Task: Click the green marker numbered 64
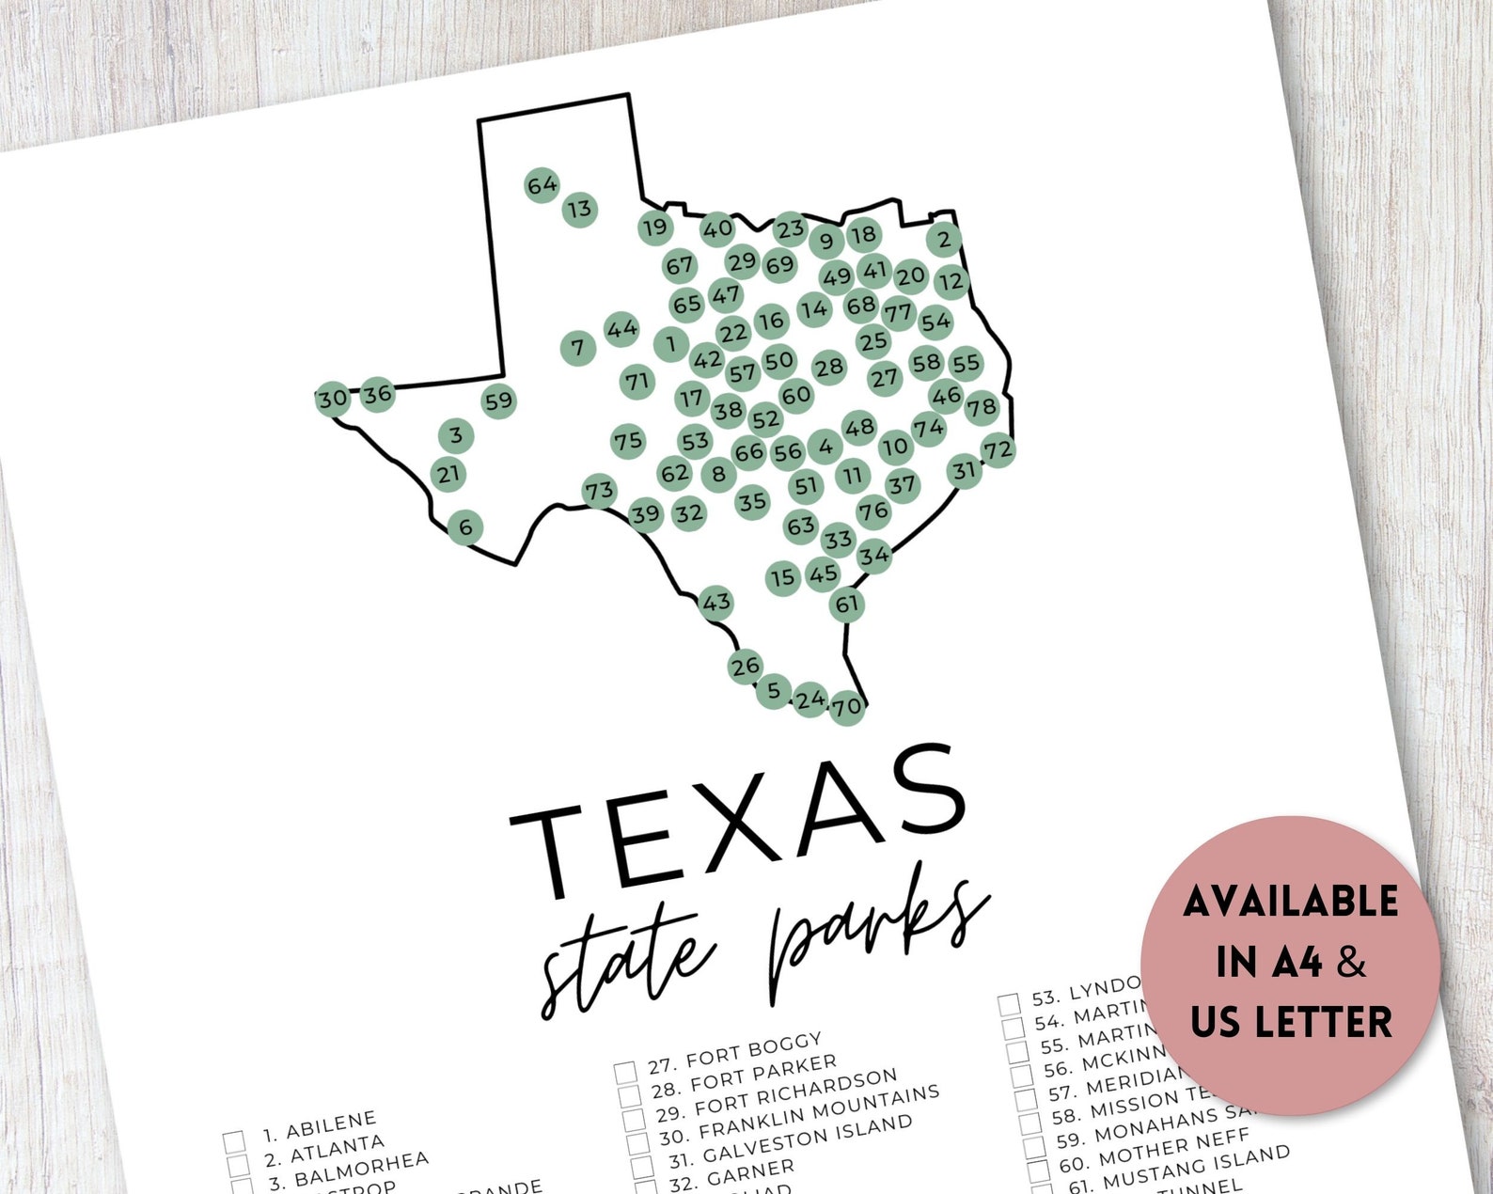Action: (542, 186)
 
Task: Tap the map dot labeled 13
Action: (580, 209)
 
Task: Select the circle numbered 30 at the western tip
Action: (332, 399)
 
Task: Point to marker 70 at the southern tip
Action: (846, 706)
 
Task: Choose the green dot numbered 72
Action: (998, 450)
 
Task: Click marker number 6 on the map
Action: (465, 527)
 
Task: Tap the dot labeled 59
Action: (498, 401)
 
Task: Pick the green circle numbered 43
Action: (716, 602)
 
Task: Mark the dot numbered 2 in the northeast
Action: (944, 239)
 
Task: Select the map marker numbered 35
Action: (752, 502)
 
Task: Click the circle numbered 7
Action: (578, 348)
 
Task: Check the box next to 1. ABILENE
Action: (235, 1142)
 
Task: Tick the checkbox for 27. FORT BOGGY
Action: (625, 1073)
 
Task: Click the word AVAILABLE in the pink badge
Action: (1290, 902)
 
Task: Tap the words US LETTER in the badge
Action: (1291, 1022)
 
